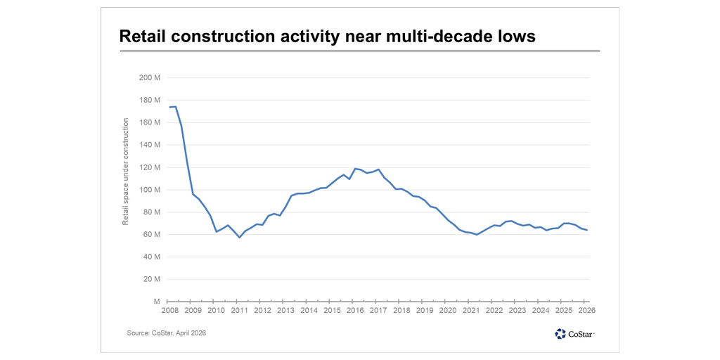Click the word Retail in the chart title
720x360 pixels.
pyautogui.click(x=144, y=36)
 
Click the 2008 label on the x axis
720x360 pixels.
pyautogui.click(x=169, y=310)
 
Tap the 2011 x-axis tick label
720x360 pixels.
pyautogui.click(x=240, y=310)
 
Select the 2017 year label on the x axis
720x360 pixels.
pyautogui.click(x=378, y=310)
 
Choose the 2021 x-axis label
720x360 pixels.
pyautogui.click(x=471, y=310)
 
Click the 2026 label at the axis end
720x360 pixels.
pyautogui.click(x=587, y=310)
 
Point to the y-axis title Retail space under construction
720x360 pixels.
pyautogui.click(x=126, y=172)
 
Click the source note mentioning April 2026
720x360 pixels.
pyautogui.click(x=167, y=333)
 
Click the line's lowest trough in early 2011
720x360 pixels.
pyautogui.click(x=239, y=238)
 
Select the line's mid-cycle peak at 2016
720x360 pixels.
pyautogui.click(x=356, y=169)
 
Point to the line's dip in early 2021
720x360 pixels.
pyautogui.click(x=477, y=235)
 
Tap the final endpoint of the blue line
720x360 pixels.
pyautogui.click(x=587, y=230)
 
